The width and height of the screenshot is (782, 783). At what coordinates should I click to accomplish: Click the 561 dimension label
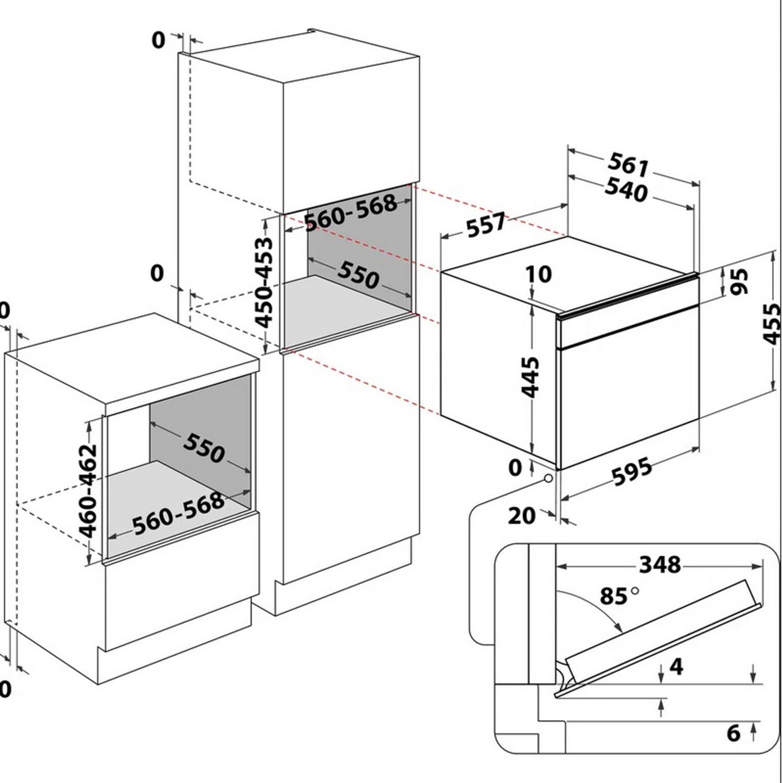pos(629,165)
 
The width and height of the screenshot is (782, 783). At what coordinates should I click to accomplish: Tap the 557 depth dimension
pos(486,224)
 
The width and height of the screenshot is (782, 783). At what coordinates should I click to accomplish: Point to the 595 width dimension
pos(632,472)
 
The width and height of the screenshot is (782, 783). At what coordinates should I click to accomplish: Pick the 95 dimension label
pos(739,281)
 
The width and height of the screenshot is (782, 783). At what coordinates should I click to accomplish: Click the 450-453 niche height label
pos(265,282)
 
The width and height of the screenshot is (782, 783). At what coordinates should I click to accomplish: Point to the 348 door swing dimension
pos(660,564)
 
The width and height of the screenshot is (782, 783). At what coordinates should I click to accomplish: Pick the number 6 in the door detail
pos(733,733)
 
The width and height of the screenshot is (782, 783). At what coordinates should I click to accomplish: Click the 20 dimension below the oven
pos(522,516)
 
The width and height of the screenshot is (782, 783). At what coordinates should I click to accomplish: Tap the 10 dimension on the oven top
pos(539,274)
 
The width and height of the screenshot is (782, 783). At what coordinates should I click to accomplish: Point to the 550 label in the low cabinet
pos(204,447)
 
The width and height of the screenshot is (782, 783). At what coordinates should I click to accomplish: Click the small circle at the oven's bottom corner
pos(548,478)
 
